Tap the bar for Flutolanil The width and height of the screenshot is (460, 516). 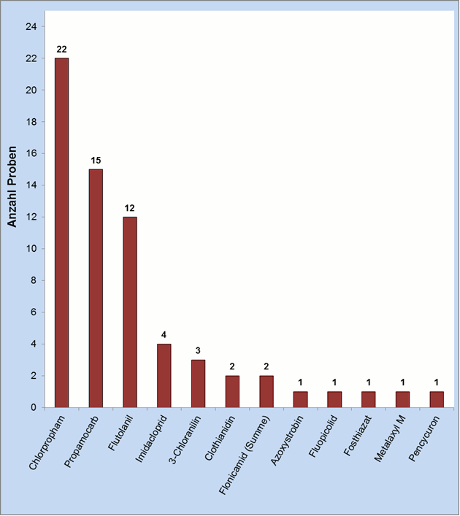(130, 312)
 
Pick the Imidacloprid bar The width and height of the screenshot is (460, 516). (164, 375)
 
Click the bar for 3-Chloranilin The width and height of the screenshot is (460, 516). (198, 383)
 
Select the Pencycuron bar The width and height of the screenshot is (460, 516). (437, 399)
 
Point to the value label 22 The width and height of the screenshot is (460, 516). (62, 50)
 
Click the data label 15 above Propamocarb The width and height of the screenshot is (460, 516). (96, 161)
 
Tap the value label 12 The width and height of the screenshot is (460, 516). (130, 209)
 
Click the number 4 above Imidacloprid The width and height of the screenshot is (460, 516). (164, 336)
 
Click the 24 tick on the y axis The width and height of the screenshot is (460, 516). (31, 27)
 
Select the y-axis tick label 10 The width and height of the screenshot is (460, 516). (31, 249)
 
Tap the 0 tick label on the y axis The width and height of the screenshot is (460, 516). (34, 407)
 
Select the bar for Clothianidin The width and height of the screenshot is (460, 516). (232, 391)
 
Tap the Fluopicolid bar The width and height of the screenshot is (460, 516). (334, 399)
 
